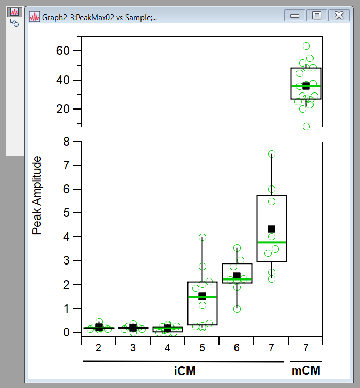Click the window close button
pyautogui.click(x=338, y=15)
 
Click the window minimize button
pyautogui.click(x=295, y=15)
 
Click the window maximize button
pyautogui.click(x=317, y=15)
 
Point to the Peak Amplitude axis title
pyautogui.click(x=37, y=195)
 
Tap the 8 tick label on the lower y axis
pyautogui.click(x=66, y=141)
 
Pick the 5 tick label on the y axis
pyautogui.click(x=66, y=213)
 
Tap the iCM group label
pyautogui.click(x=184, y=371)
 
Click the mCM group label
pyautogui.click(x=306, y=371)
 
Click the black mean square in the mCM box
pyautogui.click(x=306, y=86)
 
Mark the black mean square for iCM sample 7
pyautogui.click(x=271, y=229)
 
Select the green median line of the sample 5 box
pyautogui.click(x=202, y=297)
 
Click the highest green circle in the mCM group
pyautogui.click(x=306, y=46)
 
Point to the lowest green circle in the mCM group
pyautogui.click(x=306, y=127)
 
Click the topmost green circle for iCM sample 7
pyautogui.click(x=272, y=154)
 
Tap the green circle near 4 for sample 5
pyautogui.click(x=202, y=237)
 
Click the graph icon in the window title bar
pyautogui.click(x=35, y=17)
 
